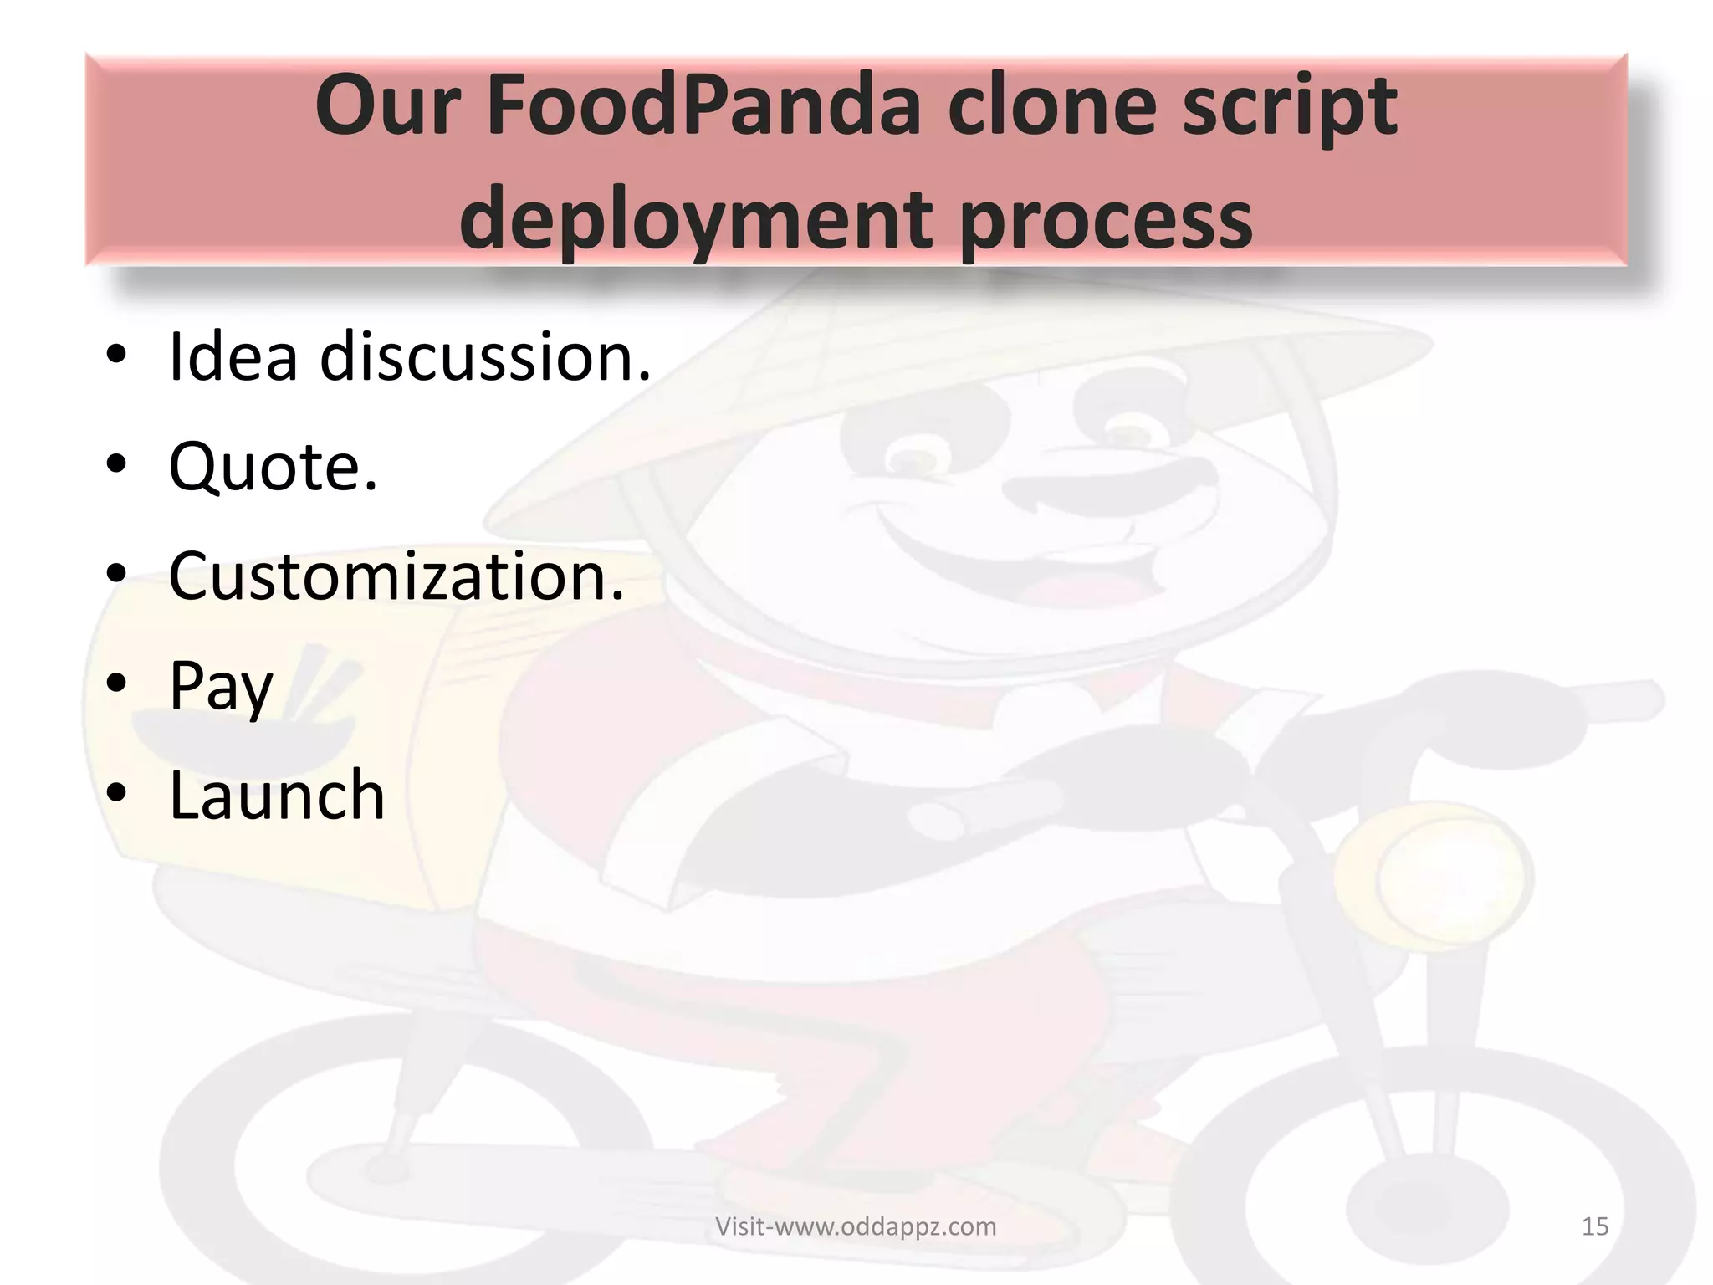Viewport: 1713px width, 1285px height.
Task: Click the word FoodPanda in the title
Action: pyautogui.click(x=702, y=107)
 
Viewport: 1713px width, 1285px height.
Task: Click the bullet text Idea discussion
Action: pyautogui.click(x=409, y=357)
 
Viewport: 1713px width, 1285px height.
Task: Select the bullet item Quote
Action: pyautogui.click(x=273, y=467)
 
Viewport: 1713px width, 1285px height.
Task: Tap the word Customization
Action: pyautogui.click(x=396, y=576)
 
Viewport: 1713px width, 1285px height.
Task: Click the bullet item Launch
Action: pyautogui.click(x=277, y=796)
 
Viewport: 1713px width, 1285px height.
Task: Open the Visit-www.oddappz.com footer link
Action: pyautogui.click(x=855, y=1226)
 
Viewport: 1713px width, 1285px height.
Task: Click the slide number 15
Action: pyautogui.click(x=1594, y=1226)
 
